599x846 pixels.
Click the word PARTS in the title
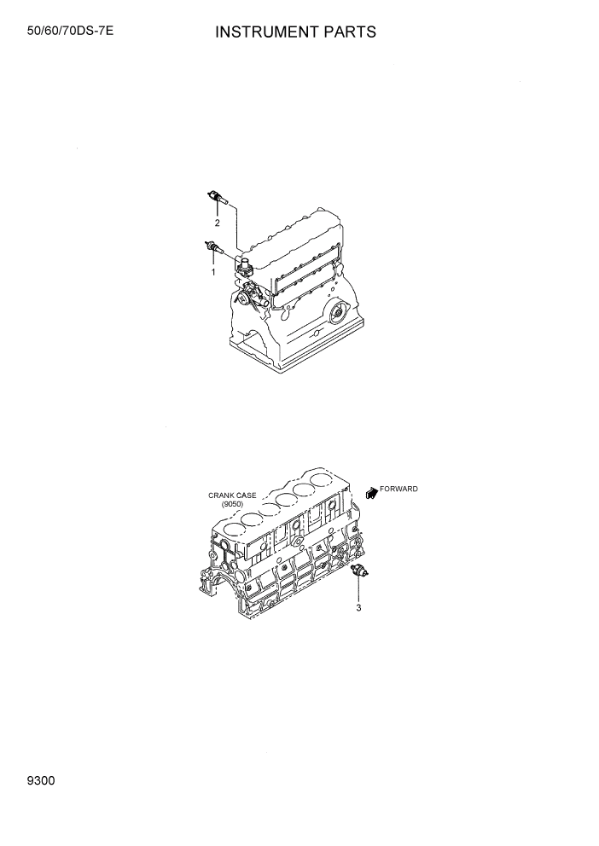[347, 32]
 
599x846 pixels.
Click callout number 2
[217, 223]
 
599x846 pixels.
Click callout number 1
[212, 271]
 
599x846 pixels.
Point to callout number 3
[359, 608]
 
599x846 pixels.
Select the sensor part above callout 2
[218, 199]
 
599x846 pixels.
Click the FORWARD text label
[399, 489]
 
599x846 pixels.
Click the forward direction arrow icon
[371, 492]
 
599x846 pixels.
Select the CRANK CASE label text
[232, 495]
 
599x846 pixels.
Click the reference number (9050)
[232, 504]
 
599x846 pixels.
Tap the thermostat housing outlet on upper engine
[244, 265]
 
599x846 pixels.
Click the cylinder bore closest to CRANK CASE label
[252, 519]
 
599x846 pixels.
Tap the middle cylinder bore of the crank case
[288, 501]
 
